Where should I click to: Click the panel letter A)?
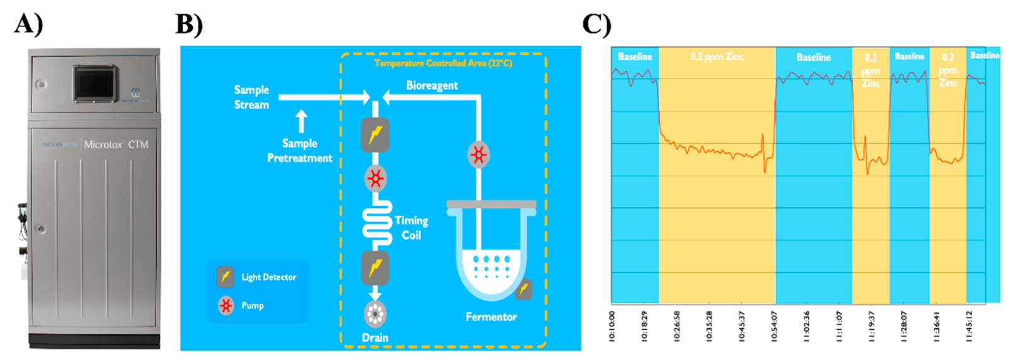point(28,24)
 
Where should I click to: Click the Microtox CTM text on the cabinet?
point(116,145)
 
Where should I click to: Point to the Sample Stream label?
point(251,97)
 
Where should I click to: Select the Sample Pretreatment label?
point(300,151)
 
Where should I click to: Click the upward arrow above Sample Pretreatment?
point(302,121)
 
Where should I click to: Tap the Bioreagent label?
point(432,85)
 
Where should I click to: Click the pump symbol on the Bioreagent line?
point(479,155)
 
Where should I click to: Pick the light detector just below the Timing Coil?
point(375,268)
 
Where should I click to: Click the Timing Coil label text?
point(411,227)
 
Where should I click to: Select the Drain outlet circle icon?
point(375,314)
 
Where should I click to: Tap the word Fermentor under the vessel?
point(491,317)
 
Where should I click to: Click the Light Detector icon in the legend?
point(225,276)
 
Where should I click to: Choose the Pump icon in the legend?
point(226,305)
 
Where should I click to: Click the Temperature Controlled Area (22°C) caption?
point(443,63)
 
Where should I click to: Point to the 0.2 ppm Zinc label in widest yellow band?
point(716,57)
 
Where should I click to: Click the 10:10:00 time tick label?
point(612,326)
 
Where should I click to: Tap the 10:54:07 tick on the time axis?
point(774,326)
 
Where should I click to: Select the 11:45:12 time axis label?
point(968,326)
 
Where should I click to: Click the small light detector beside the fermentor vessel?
point(523,289)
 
